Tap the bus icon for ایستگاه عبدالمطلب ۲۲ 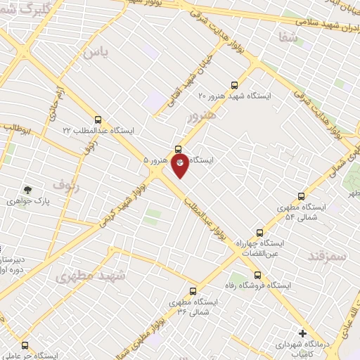[98, 120]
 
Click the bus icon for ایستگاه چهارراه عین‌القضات [259, 232]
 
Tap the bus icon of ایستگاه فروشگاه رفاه [257, 275]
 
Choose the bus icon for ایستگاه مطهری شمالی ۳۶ [193, 290]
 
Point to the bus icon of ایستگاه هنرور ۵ [177, 149]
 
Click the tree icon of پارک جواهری [27, 189]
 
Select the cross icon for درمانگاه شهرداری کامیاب [302, 333]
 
